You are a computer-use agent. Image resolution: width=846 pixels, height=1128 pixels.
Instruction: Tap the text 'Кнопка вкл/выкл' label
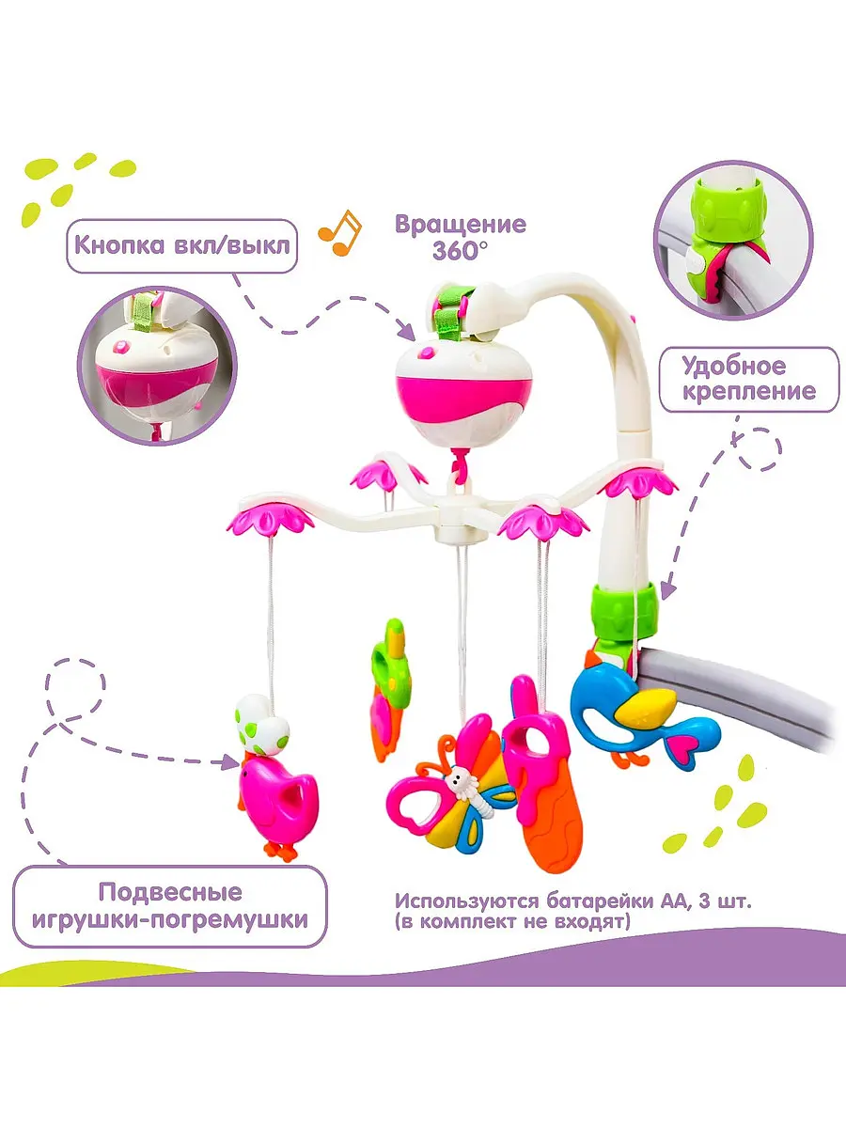click(x=178, y=246)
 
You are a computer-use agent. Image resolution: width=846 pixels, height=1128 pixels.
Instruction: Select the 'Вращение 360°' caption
click(x=460, y=238)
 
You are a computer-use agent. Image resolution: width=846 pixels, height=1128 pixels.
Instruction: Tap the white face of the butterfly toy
click(x=461, y=778)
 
